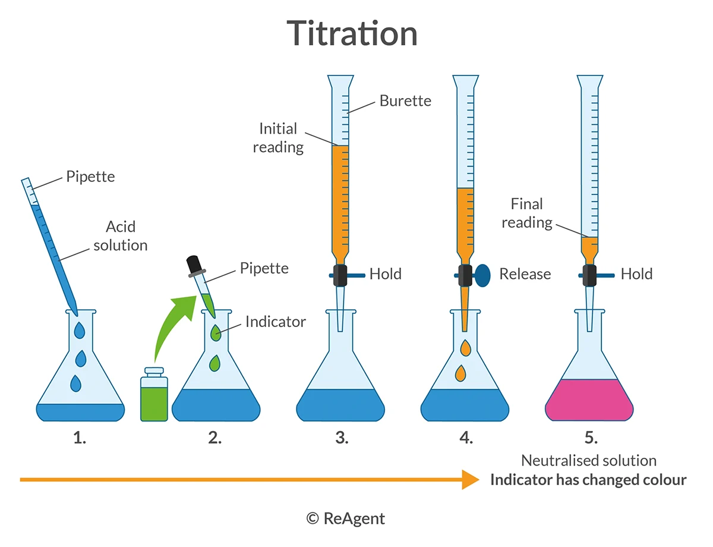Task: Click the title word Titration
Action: click(x=352, y=33)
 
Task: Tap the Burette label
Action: click(x=405, y=100)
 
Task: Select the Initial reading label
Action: click(x=278, y=137)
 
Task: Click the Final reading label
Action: click(x=527, y=213)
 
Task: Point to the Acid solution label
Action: click(x=121, y=235)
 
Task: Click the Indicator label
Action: click(x=275, y=322)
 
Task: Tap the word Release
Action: click(x=525, y=274)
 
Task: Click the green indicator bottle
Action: click(x=154, y=398)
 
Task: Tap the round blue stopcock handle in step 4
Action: click(x=482, y=275)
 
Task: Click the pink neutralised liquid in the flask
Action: click(x=589, y=400)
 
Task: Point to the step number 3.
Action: click(x=341, y=439)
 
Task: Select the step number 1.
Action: click(x=80, y=439)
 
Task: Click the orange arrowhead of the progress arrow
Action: click(x=471, y=479)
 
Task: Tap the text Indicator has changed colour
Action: click(x=588, y=480)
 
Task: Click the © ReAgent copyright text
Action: click(x=346, y=518)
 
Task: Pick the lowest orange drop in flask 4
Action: click(x=460, y=373)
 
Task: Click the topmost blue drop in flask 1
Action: click(x=80, y=330)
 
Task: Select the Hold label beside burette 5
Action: click(x=636, y=274)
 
